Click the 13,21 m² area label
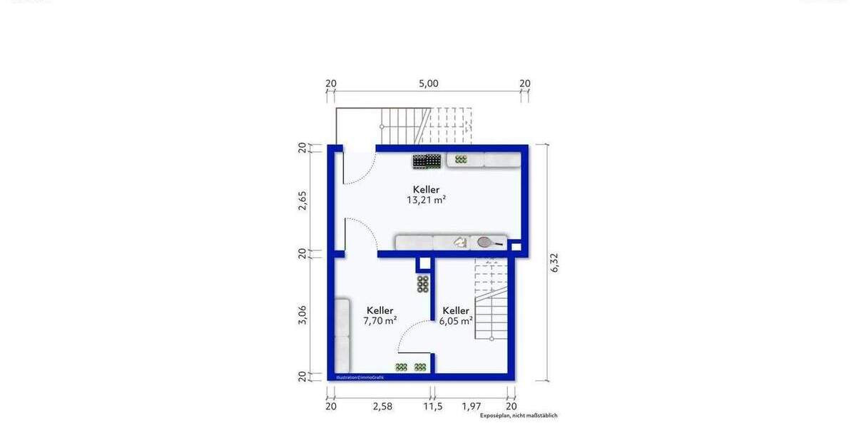[426, 200]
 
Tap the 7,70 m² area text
[379, 321]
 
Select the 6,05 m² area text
[457, 321]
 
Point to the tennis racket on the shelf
[489, 243]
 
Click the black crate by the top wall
[426, 161]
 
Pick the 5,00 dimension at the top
[428, 83]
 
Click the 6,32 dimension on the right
[556, 262]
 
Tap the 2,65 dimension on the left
[302, 200]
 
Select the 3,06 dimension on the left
[302, 315]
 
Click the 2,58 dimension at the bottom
[382, 407]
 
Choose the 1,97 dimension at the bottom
[471, 407]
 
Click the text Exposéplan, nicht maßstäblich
[518, 416]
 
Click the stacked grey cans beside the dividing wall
[423, 283]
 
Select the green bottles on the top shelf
[461, 160]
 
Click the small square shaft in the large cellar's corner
[516, 248]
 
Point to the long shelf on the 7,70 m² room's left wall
[342, 335]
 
